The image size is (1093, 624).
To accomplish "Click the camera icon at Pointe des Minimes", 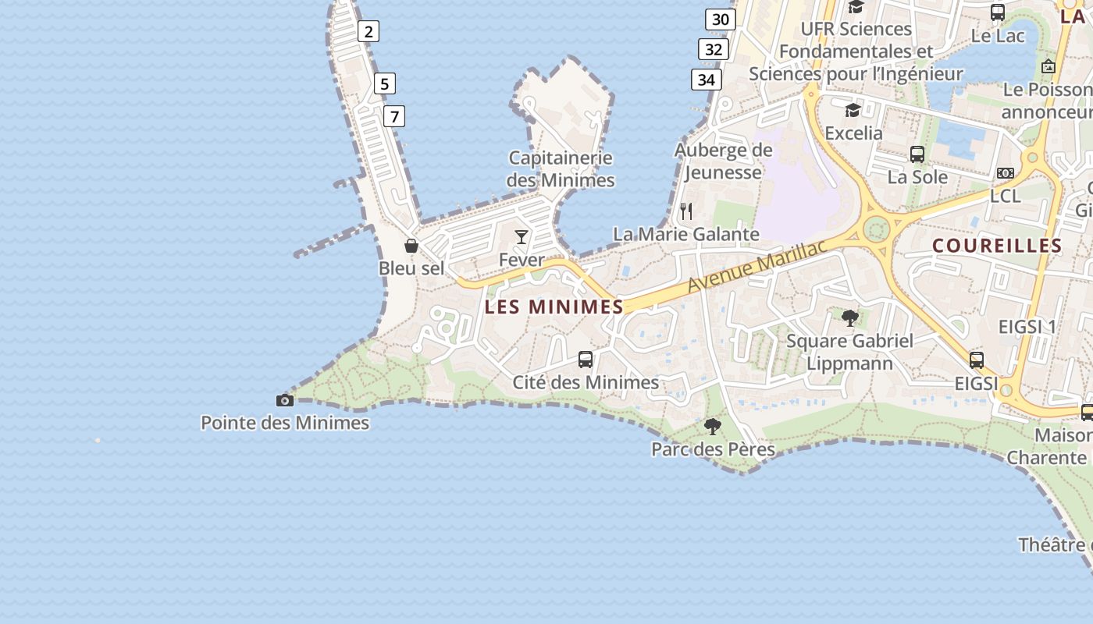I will pyautogui.click(x=285, y=401).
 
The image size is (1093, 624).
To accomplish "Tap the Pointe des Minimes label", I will pyautogui.click(x=285, y=423).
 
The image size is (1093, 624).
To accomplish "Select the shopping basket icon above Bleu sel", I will pyautogui.click(x=411, y=246).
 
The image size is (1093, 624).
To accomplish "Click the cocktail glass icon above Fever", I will pyautogui.click(x=522, y=237).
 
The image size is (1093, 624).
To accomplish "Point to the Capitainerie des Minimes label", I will pyautogui.click(x=561, y=169).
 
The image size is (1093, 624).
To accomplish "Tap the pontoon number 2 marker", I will pyautogui.click(x=368, y=31).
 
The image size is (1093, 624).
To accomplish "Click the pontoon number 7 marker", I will pyautogui.click(x=394, y=117).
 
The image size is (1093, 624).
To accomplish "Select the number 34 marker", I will pyautogui.click(x=706, y=80).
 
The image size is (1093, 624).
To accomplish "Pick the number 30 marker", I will pyautogui.click(x=721, y=19).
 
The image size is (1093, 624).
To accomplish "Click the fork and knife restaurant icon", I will pyautogui.click(x=686, y=211).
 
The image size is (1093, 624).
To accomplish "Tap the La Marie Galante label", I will pyautogui.click(x=685, y=234).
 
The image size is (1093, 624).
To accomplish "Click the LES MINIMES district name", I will pyautogui.click(x=554, y=307).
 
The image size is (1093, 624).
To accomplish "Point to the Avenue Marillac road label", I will pyautogui.click(x=756, y=268).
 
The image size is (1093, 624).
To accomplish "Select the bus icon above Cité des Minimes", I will pyautogui.click(x=586, y=360).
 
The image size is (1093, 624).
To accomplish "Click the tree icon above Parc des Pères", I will pyautogui.click(x=712, y=427).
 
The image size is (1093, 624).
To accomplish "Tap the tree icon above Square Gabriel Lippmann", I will pyautogui.click(x=850, y=318).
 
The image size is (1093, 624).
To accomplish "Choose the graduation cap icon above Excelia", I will pyautogui.click(x=853, y=110).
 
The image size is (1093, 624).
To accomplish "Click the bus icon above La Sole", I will pyautogui.click(x=917, y=154).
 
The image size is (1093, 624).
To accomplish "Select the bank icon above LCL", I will pyautogui.click(x=1006, y=173).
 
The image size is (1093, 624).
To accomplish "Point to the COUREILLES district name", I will pyautogui.click(x=997, y=246).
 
